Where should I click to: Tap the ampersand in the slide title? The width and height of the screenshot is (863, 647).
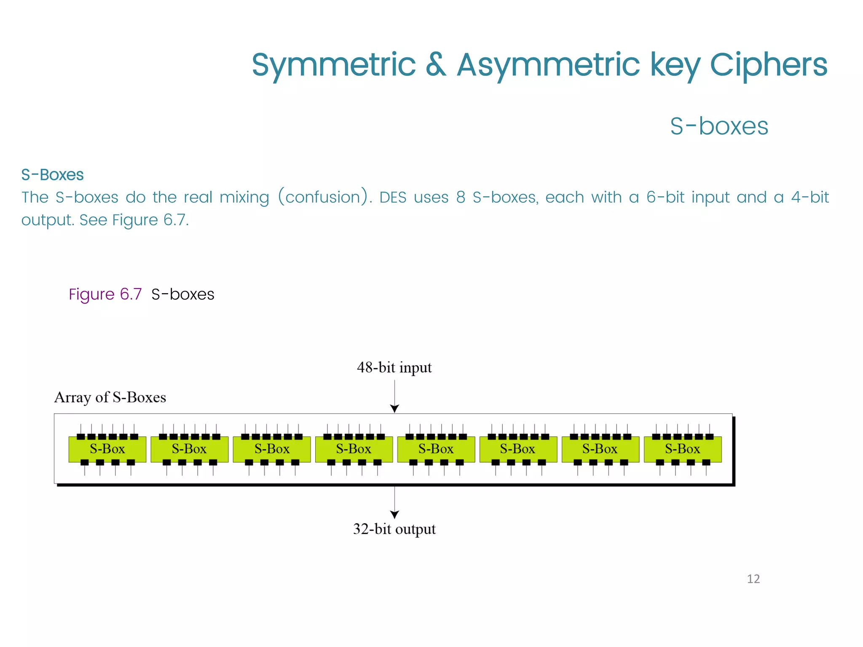pyautogui.click(x=436, y=65)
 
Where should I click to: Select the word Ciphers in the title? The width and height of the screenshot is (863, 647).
pyautogui.click(x=769, y=65)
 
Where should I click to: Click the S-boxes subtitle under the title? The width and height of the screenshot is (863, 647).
pyautogui.click(x=719, y=126)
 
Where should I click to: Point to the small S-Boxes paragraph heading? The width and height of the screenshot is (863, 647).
pyautogui.click(x=52, y=175)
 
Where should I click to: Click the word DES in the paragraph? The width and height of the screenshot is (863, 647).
pyautogui.click(x=393, y=198)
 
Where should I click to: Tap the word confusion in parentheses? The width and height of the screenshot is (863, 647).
pyautogui.click(x=323, y=198)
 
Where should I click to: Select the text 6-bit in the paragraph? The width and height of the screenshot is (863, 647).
pyautogui.click(x=665, y=198)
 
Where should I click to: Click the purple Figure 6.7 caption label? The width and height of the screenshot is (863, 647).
pyautogui.click(x=105, y=294)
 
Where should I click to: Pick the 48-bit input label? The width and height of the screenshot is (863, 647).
pyautogui.click(x=394, y=368)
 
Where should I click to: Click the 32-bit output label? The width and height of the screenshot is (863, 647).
pyautogui.click(x=394, y=529)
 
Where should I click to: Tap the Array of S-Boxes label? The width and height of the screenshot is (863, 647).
pyautogui.click(x=110, y=397)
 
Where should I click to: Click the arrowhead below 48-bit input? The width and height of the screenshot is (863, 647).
pyautogui.click(x=394, y=408)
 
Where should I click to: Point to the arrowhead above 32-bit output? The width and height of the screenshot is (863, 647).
pyautogui.click(x=394, y=514)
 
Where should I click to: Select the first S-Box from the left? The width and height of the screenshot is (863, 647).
pyautogui.click(x=107, y=449)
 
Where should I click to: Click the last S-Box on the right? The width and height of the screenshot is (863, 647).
pyautogui.click(x=683, y=449)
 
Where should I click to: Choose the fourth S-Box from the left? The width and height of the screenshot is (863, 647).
pyautogui.click(x=354, y=449)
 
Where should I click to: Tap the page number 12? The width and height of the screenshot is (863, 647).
pyautogui.click(x=753, y=579)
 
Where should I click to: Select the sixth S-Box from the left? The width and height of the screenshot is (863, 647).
pyautogui.click(x=518, y=449)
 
